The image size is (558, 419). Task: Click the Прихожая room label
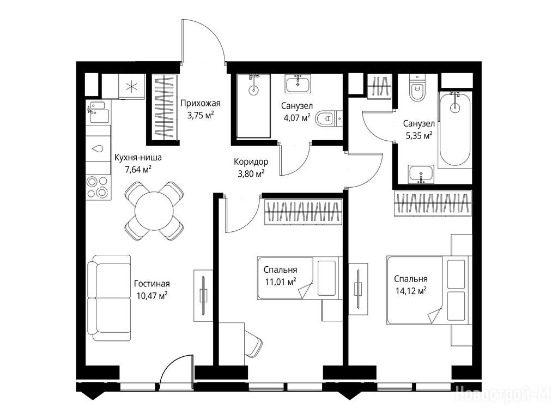200,104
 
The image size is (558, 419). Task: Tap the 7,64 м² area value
138,169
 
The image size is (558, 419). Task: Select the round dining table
154,211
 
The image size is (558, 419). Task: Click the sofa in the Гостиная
109,298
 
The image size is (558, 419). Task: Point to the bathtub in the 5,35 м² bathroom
454,129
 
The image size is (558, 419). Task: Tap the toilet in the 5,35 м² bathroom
415,88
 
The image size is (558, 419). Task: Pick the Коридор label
251,161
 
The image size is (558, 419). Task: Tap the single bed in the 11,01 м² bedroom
299,278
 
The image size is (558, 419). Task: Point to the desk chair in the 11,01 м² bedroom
253,342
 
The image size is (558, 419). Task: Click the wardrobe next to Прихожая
166,107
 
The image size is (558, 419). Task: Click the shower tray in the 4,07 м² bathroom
253,106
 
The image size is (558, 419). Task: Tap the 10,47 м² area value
152,296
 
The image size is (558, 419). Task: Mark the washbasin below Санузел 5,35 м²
421,175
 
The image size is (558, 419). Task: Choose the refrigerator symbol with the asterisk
132,86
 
